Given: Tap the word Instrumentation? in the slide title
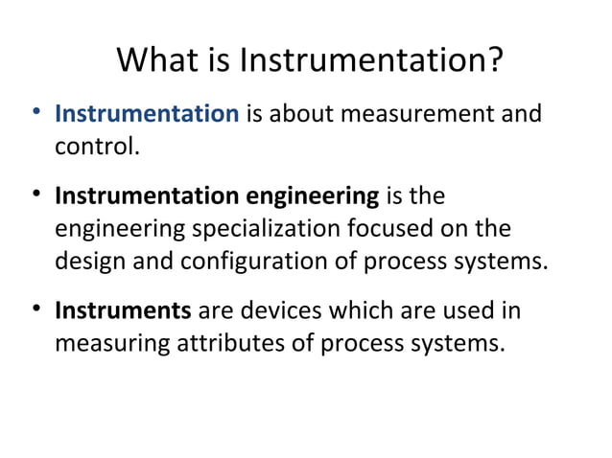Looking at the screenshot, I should [371, 61].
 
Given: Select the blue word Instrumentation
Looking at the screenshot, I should [147, 115].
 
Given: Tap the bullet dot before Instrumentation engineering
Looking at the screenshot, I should [36, 196].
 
